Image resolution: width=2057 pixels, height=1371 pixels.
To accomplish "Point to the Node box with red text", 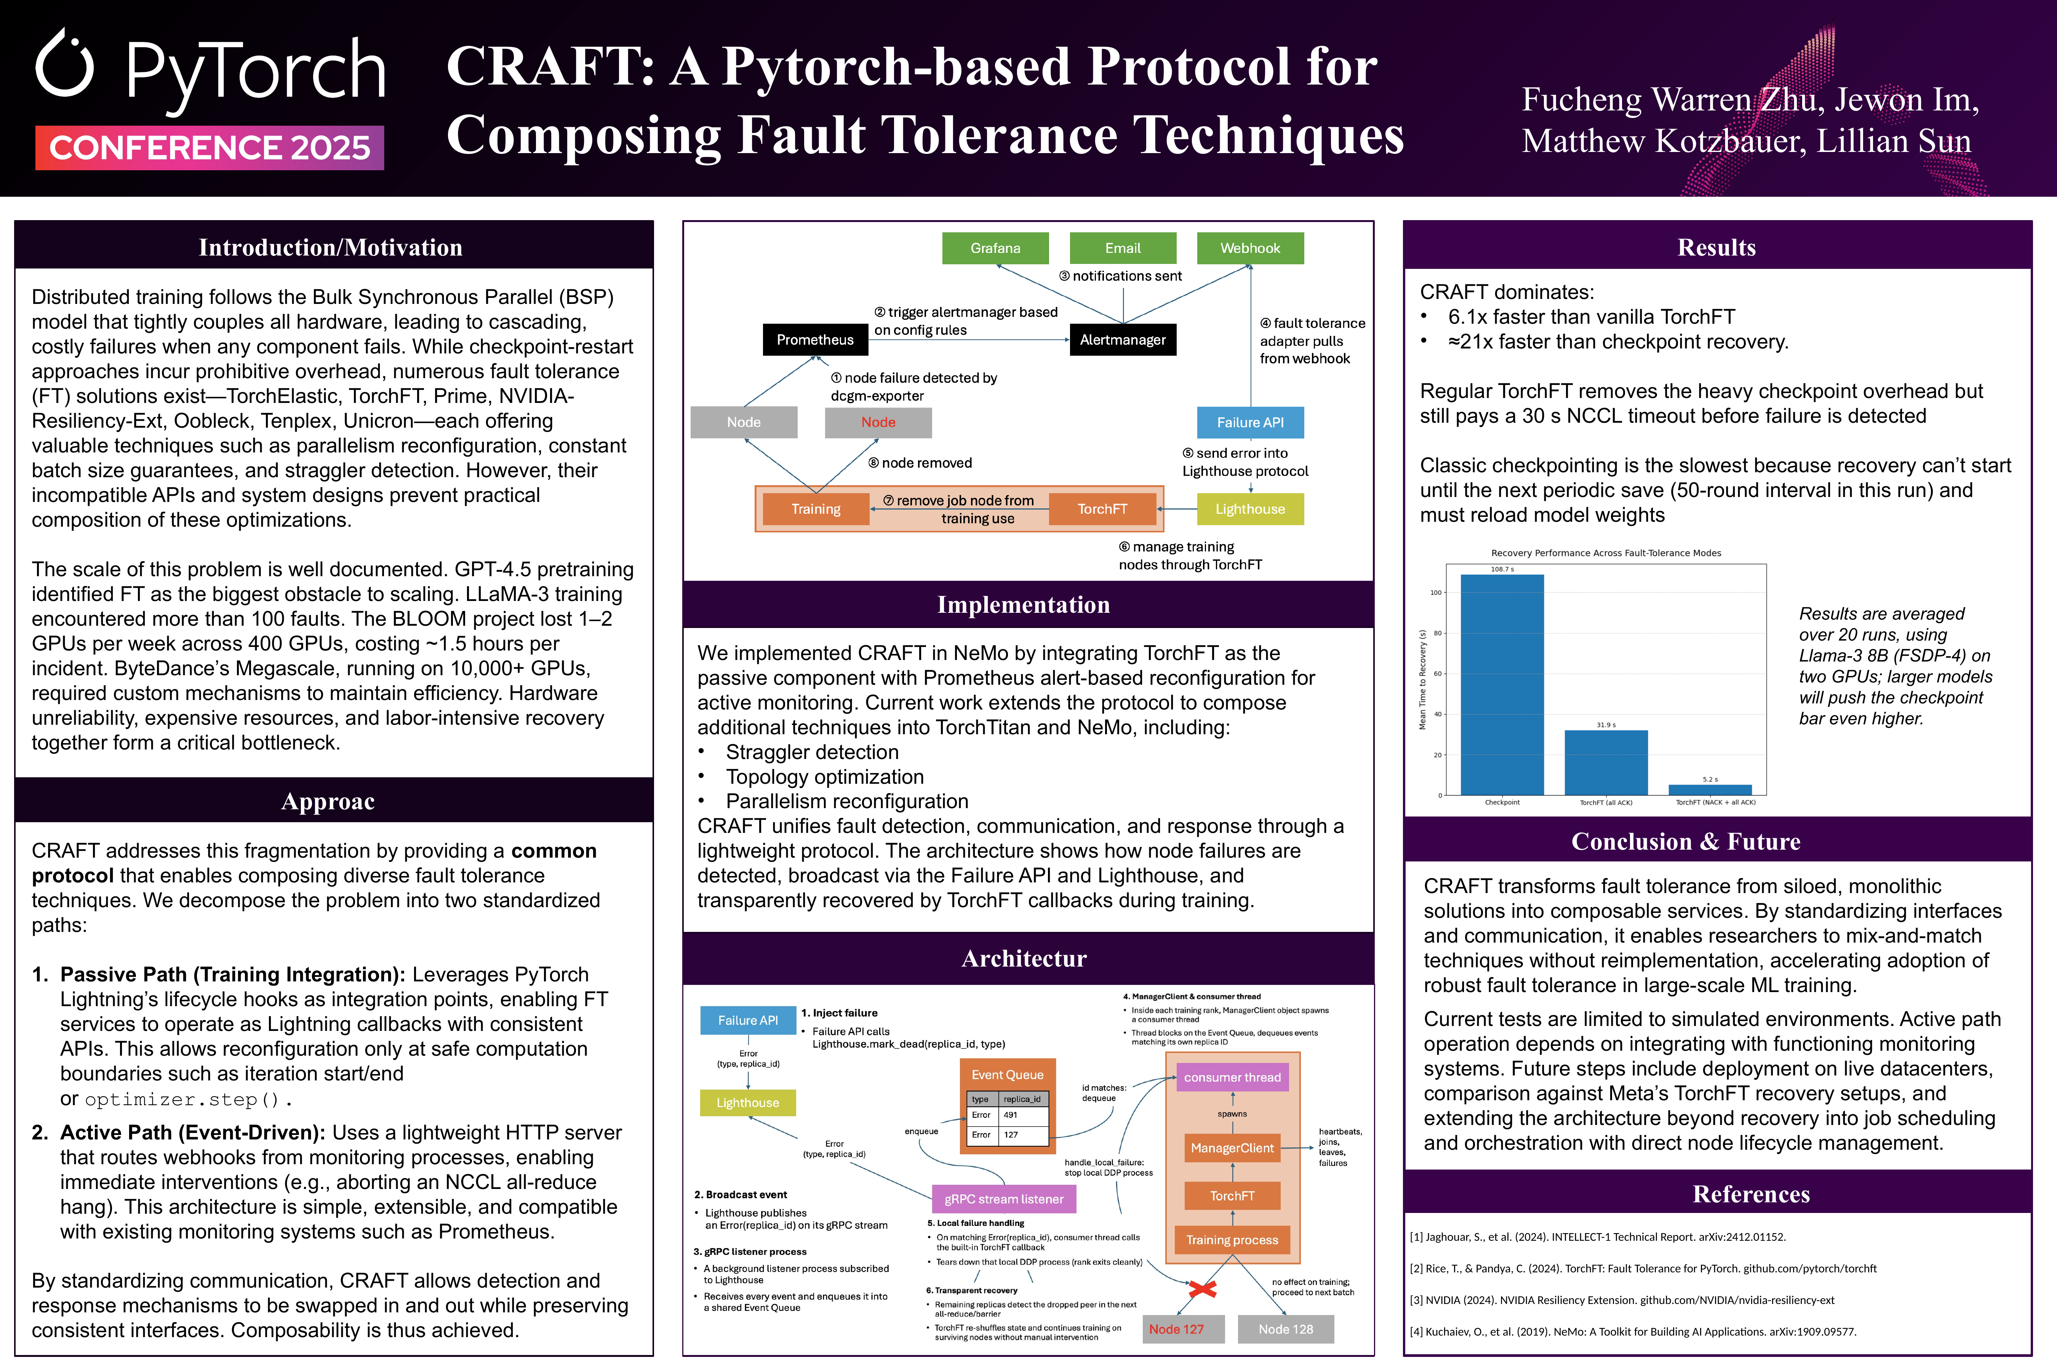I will click(x=878, y=422).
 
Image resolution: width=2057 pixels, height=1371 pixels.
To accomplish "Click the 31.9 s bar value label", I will click(x=1606, y=725).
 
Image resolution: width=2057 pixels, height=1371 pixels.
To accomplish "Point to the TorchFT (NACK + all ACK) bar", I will click(x=1710, y=789).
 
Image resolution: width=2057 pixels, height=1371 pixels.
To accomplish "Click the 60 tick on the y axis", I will click(x=1436, y=674).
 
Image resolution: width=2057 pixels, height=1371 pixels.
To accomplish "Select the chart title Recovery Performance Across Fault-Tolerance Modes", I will click(x=1606, y=553).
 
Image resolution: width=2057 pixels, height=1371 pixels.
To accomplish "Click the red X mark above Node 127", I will click(x=1203, y=1289).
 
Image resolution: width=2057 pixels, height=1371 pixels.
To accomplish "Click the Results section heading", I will click(x=1716, y=248).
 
